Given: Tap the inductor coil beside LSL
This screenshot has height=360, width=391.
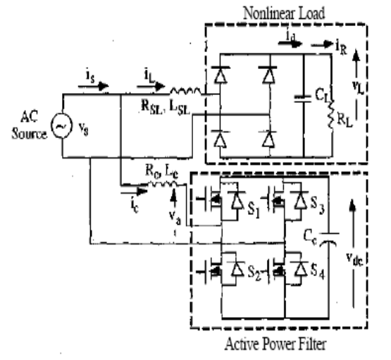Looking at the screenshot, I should coord(185,89).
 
